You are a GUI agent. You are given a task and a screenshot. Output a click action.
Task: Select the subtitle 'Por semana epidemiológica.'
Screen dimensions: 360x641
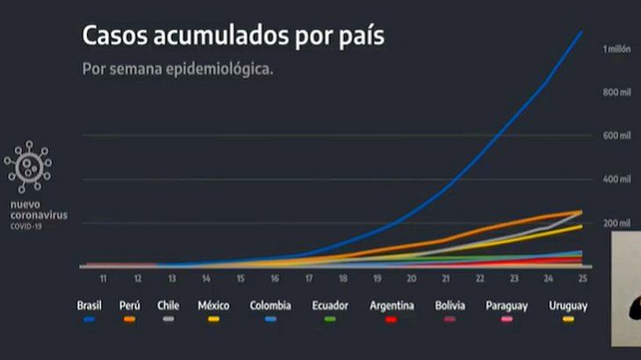(x=176, y=68)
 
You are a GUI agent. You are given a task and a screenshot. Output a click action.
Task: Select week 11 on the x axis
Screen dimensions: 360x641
(x=104, y=278)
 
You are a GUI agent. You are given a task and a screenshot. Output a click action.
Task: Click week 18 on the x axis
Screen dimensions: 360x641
(x=343, y=278)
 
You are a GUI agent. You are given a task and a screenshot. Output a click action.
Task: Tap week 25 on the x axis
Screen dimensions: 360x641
(x=582, y=278)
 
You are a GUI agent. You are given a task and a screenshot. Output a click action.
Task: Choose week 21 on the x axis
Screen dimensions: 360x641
(x=446, y=278)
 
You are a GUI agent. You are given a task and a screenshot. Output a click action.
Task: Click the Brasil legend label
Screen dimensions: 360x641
(x=89, y=306)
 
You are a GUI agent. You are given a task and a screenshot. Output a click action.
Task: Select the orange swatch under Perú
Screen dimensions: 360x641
(x=129, y=319)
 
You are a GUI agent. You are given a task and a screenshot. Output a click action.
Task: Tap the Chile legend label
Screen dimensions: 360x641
(x=169, y=306)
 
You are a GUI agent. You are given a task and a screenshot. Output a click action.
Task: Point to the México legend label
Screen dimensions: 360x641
(x=213, y=306)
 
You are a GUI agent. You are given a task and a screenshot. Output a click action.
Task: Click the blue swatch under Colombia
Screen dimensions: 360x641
(x=270, y=319)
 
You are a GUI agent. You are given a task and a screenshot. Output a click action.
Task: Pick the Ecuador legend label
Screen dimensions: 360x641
(x=330, y=306)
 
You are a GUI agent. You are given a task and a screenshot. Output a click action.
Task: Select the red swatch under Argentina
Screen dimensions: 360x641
(x=391, y=319)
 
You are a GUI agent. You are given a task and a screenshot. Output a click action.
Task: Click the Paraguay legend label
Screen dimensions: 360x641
(x=508, y=306)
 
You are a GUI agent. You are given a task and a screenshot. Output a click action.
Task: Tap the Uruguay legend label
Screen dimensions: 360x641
(x=568, y=306)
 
